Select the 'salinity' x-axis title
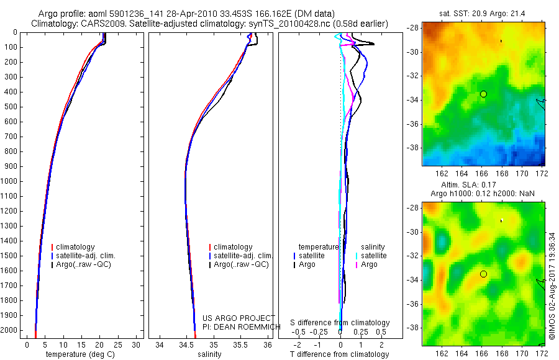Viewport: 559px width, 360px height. point(209,354)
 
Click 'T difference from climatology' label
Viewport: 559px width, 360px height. point(340,354)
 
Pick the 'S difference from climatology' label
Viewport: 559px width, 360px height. point(340,323)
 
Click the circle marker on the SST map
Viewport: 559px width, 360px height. point(483,94)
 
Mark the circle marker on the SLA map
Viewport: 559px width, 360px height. point(483,274)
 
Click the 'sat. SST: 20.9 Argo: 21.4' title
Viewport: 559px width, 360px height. point(483,13)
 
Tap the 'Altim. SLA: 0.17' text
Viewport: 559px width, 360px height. point(483,186)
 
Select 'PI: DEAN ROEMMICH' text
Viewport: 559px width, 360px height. point(237,326)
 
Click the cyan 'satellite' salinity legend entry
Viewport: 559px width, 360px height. point(373,256)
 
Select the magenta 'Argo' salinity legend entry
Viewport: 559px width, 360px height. point(369,264)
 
